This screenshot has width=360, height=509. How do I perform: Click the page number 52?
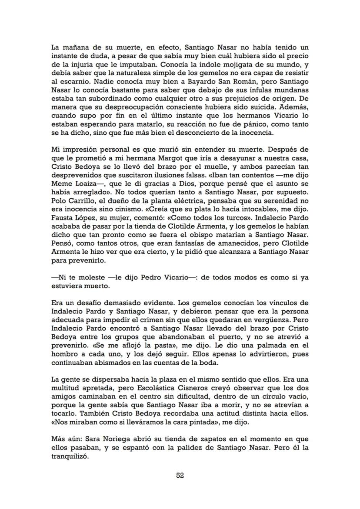[x=180, y=476]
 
